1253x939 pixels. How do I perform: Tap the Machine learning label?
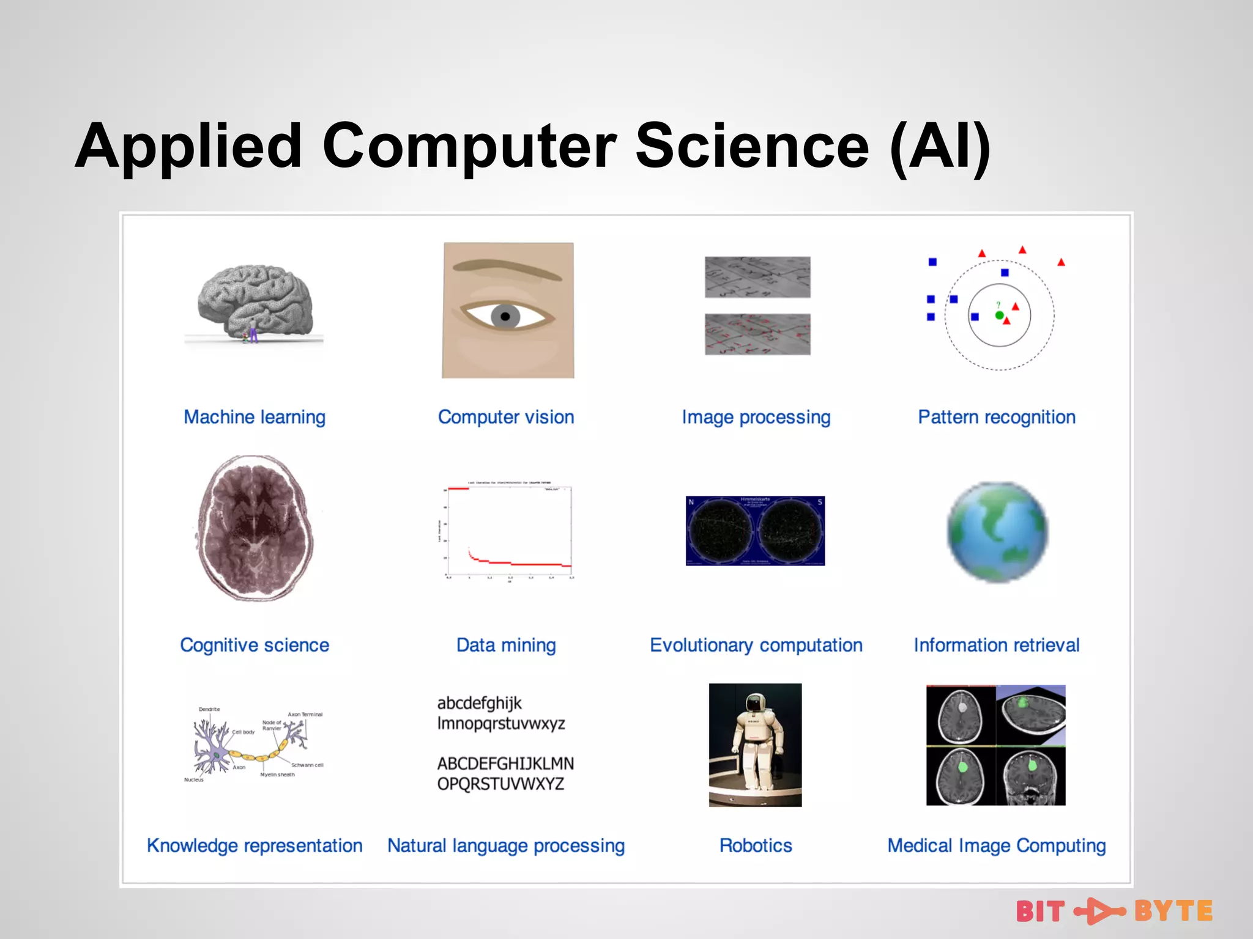(x=255, y=417)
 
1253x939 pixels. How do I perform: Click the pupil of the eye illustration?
(x=505, y=317)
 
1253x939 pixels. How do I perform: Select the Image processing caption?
(x=756, y=417)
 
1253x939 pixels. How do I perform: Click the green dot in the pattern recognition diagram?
(x=999, y=315)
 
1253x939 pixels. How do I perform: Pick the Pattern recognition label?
(x=997, y=417)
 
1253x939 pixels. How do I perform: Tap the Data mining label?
(x=506, y=645)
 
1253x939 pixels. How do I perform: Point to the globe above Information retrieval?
(x=997, y=532)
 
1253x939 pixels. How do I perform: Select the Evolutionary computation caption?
(x=756, y=645)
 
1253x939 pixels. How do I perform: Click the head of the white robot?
(x=756, y=703)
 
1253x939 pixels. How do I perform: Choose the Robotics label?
(x=756, y=845)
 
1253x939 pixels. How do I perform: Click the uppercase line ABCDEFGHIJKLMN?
(x=505, y=764)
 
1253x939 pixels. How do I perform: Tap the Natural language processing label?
(x=506, y=845)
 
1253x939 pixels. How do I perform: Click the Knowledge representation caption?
(x=255, y=845)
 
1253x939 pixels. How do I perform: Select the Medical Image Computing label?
(x=997, y=845)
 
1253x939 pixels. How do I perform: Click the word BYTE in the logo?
(x=1173, y=911)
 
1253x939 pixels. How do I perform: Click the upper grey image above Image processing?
(x=757, y=277)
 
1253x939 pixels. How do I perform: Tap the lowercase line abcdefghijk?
(x=479, y=703)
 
